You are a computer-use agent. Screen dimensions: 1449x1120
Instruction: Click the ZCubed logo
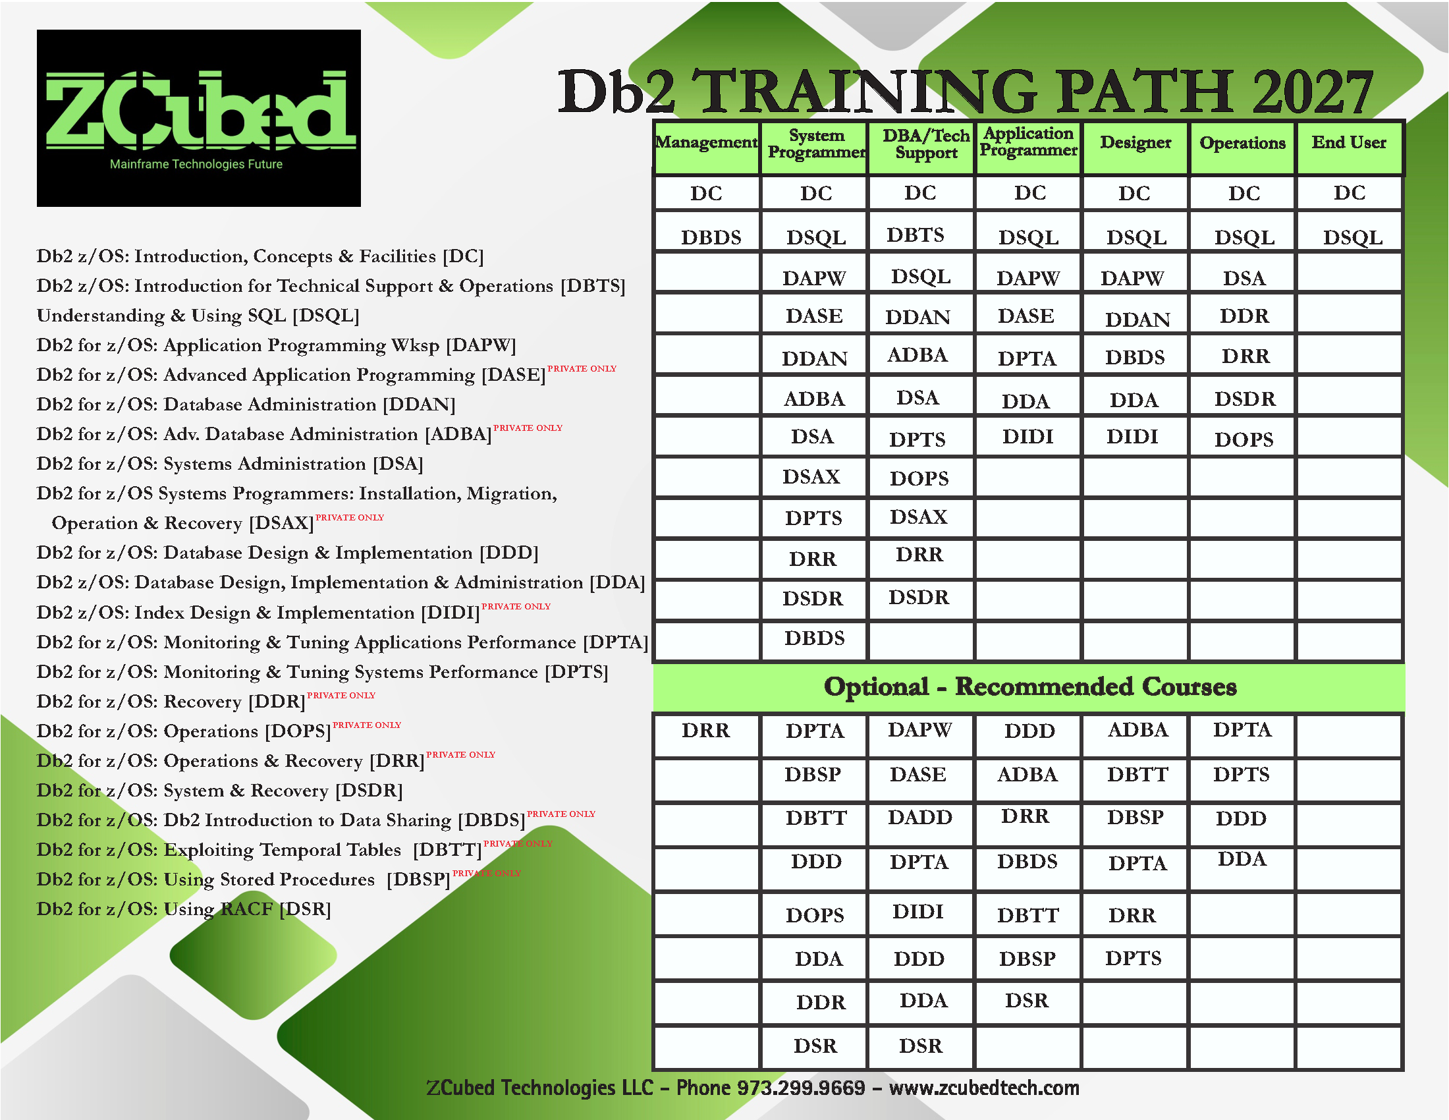tap(198, 117)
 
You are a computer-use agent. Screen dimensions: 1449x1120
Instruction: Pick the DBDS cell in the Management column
tap(711, 237)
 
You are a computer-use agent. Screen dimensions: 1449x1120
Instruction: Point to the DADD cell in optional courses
tap(919, 817)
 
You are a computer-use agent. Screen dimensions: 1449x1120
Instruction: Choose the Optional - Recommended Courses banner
tap(1029, 686)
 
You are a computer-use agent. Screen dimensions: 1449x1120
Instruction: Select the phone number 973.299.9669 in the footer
tap(802, 1088)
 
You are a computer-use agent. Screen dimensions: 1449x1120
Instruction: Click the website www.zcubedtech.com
tap(984, 1088)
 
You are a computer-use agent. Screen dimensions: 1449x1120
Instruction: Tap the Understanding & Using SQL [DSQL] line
tap(198, 315)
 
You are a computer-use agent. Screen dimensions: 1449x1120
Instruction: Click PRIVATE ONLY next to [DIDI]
tap(516, 606)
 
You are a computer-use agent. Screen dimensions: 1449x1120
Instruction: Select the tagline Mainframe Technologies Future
tap(196, 164)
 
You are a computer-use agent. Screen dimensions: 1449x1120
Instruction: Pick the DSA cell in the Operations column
tap(1244, 278)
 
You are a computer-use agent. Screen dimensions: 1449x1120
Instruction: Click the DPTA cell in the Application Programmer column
tap(1026, 358)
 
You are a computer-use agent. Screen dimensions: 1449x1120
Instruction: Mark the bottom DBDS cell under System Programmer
tap(815, 638)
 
